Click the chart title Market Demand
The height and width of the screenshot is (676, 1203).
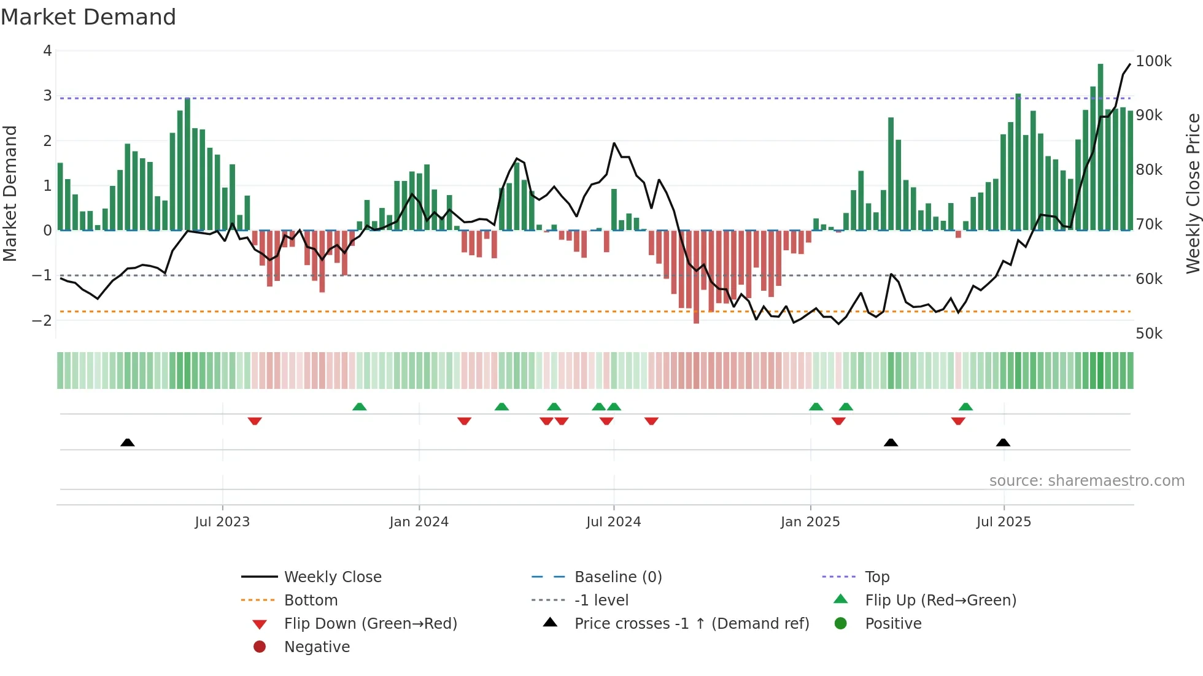88,17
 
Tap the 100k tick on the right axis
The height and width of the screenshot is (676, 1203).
1153,61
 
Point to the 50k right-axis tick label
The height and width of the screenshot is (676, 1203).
1149,334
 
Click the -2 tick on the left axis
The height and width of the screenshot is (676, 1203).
42,320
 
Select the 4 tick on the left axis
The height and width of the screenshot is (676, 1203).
47,51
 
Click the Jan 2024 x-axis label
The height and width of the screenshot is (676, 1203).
419,522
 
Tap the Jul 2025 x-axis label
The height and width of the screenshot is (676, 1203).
1004,522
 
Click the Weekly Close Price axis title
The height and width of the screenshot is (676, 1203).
1193,193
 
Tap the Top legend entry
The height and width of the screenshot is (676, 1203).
877,577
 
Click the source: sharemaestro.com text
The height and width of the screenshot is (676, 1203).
1086,481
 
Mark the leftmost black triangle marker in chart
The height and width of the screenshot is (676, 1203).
128,442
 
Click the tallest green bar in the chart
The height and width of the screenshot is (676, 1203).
1100,147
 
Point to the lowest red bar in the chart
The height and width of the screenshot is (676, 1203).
696,276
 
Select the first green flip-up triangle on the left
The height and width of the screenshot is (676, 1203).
360,407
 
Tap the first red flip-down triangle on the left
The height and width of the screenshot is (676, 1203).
255,421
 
